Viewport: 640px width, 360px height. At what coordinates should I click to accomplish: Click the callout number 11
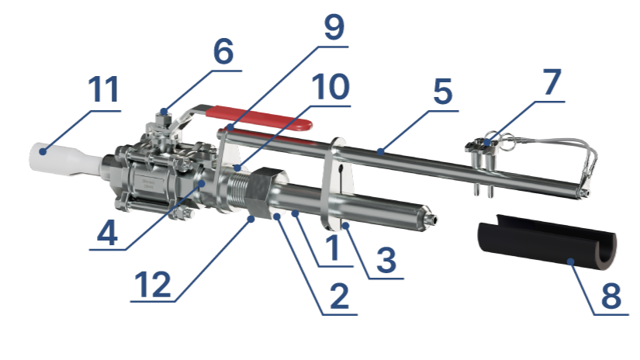point(104,89)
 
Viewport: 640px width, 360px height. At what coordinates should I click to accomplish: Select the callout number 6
point(223,51)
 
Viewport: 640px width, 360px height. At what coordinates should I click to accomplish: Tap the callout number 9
point(334,27)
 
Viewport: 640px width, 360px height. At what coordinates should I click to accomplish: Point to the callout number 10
point(330,87)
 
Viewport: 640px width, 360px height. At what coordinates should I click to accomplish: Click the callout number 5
point(443,91)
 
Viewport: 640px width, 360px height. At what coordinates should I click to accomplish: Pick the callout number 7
point(552,81)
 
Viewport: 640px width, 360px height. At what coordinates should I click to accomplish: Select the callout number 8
point(611,295)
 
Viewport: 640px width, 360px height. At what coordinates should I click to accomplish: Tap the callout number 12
point(152,284)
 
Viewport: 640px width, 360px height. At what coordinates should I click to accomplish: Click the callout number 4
point(108,233)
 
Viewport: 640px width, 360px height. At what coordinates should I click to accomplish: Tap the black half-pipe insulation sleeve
point(547,241)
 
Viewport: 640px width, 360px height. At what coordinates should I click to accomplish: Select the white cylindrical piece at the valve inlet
point(65,160)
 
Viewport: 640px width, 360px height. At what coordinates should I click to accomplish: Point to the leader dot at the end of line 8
point(571,261)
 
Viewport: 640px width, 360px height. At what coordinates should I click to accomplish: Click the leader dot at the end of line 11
point(43,151)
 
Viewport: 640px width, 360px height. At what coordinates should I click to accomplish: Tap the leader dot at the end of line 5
point(380,152)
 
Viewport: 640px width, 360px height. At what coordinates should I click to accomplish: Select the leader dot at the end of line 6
point(164,111)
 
